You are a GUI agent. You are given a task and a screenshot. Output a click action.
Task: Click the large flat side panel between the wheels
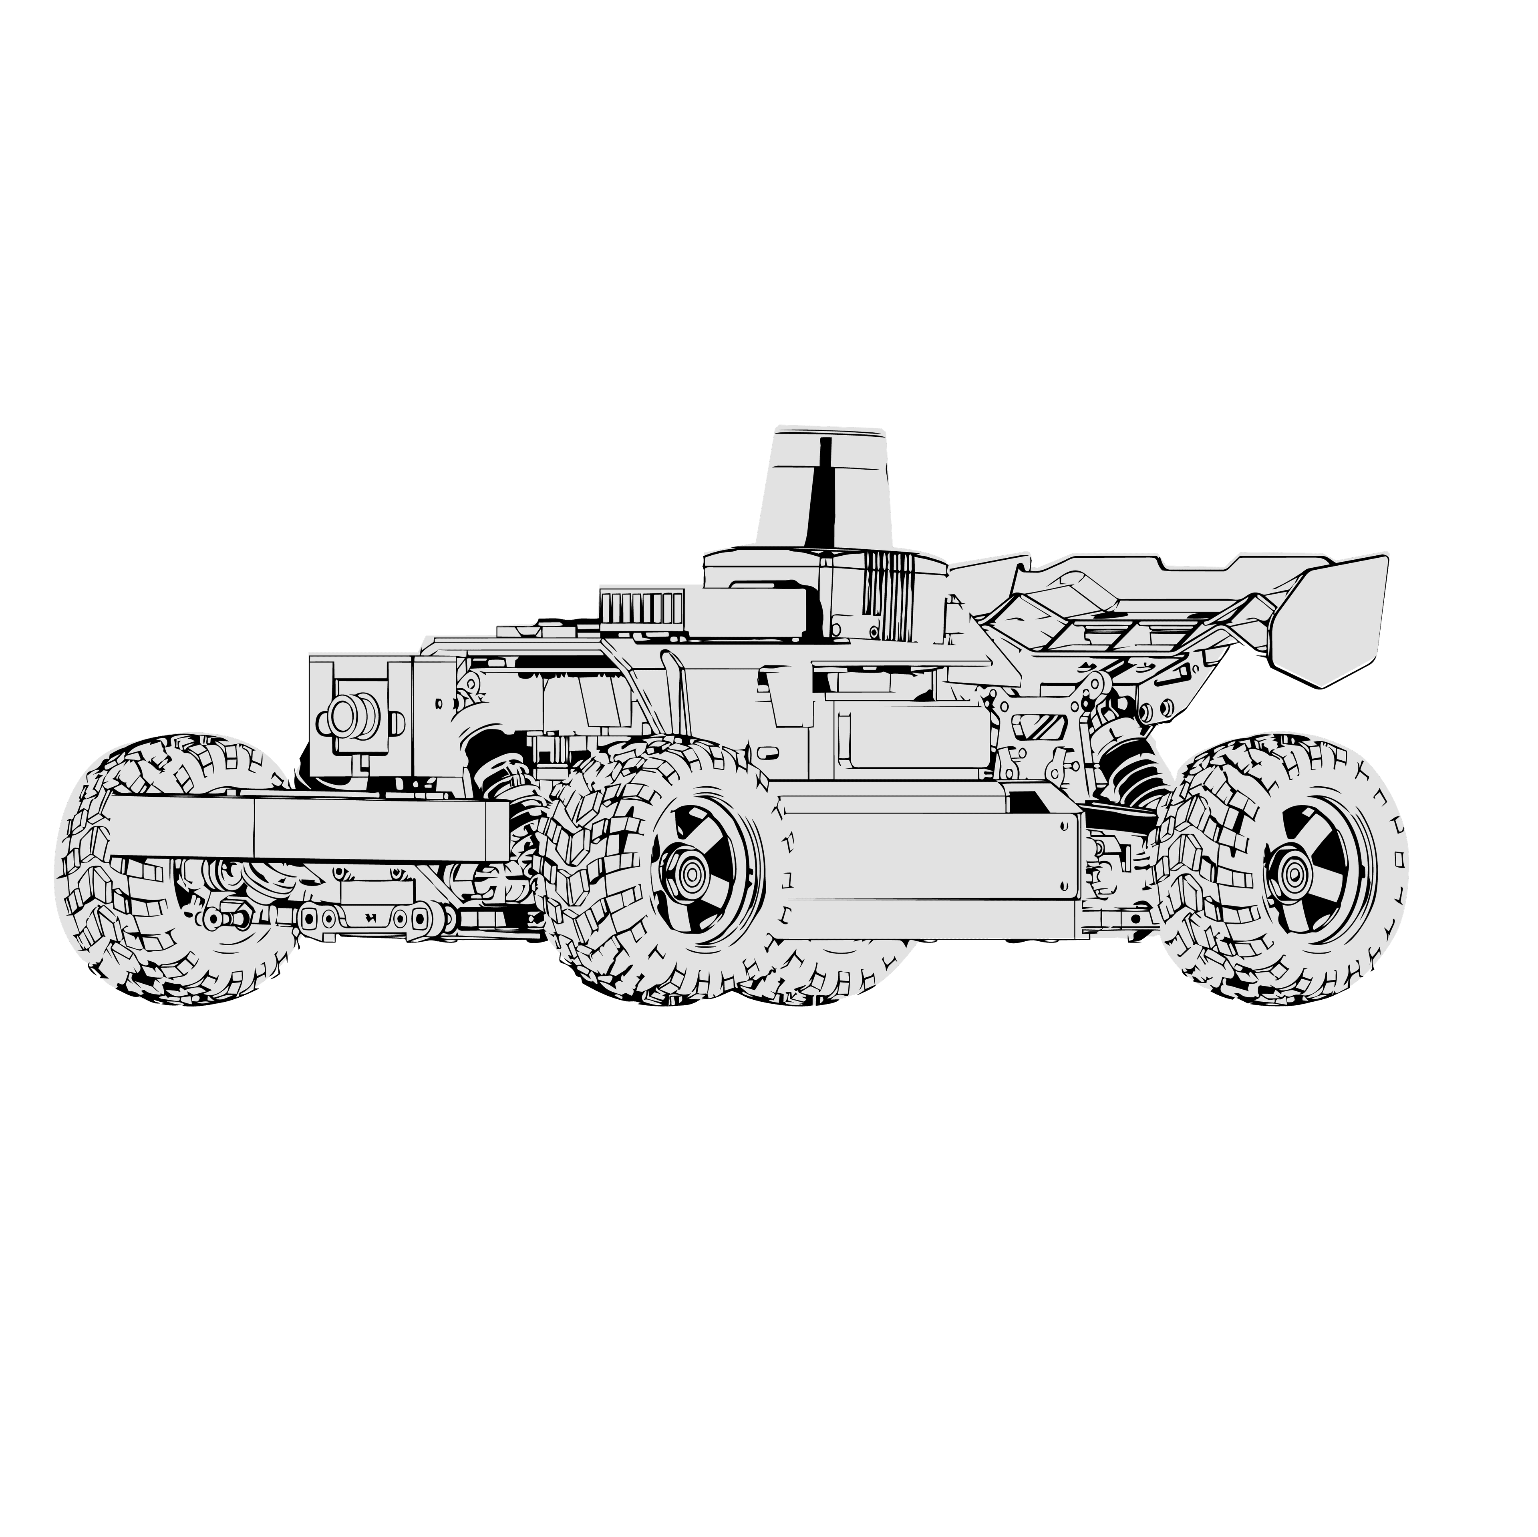pyautogui.click(x=924, y=868)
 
